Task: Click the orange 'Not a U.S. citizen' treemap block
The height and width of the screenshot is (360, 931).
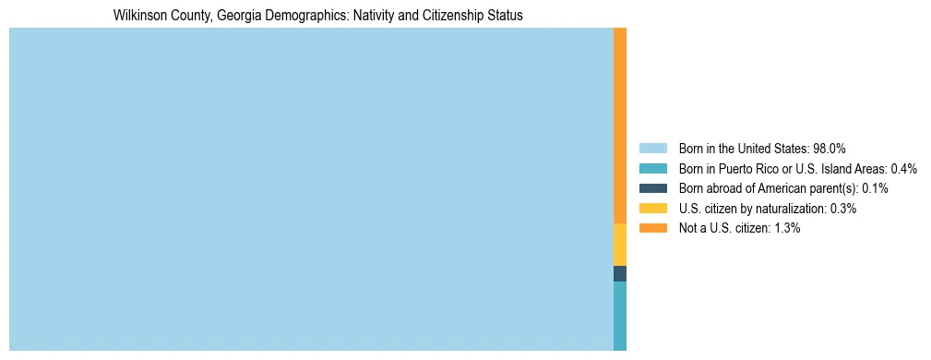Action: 620,126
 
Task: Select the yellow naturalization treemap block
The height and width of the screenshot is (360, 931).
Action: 620,245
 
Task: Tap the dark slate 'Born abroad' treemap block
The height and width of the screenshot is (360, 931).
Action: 620,273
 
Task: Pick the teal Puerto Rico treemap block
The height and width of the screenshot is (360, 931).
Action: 620,316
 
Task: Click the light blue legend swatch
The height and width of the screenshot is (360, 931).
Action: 652,148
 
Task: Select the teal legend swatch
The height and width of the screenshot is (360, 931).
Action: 652,168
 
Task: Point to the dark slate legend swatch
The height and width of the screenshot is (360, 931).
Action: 652,188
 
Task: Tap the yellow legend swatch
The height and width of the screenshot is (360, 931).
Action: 652,209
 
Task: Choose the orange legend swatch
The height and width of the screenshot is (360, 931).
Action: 652,228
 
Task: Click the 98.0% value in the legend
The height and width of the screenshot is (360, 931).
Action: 830,148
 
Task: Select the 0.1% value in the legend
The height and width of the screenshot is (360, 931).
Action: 875,188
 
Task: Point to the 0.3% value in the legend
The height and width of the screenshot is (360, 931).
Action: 843,209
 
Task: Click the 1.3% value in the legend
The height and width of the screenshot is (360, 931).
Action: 787,228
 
